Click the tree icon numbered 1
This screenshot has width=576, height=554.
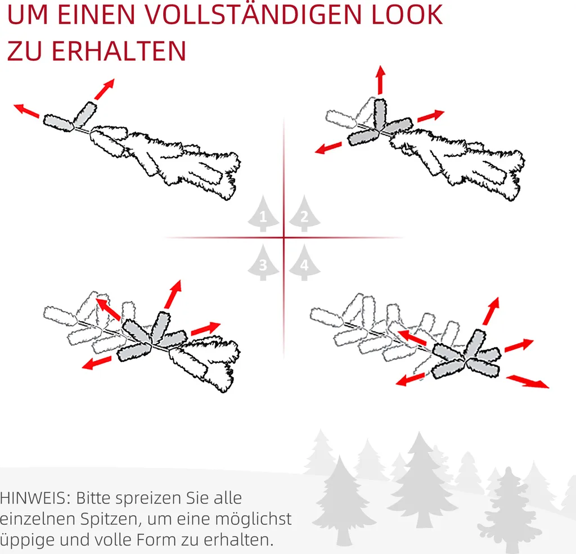tap(263, 214)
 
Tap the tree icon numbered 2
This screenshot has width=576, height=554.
tap(304, 214)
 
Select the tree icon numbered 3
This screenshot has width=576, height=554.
tap(263, 263)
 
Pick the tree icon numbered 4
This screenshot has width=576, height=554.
tap(304, 263)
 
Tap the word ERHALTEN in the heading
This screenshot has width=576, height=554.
tap(119, 51)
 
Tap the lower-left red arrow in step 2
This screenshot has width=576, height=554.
tap(327, 148)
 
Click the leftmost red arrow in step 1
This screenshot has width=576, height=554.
tap(26, 110)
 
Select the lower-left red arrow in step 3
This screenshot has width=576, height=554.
tap(96, 363)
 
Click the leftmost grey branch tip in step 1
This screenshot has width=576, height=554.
tap(58, 122)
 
